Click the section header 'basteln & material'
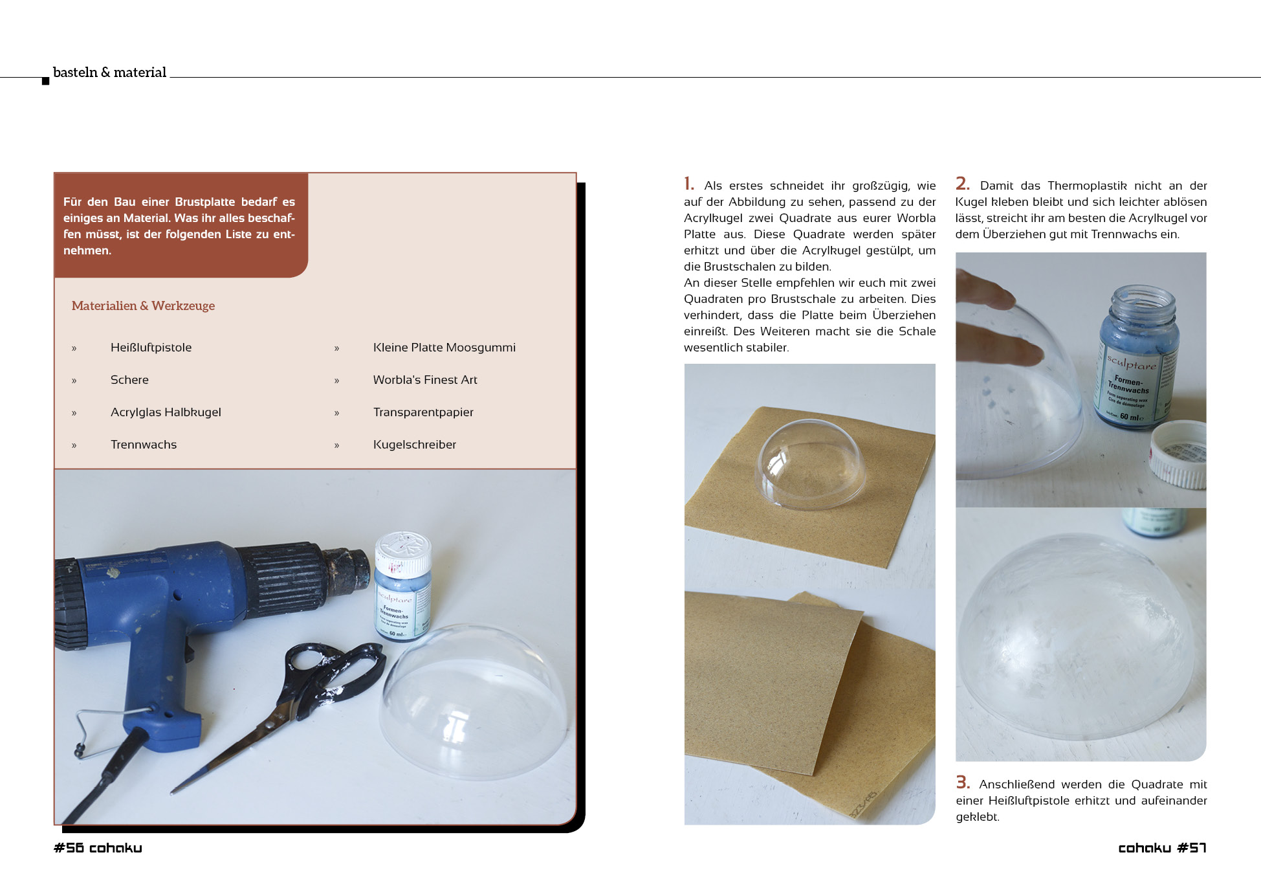(109, 72)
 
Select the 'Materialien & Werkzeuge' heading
(143, 306)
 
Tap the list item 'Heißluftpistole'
(151, 348)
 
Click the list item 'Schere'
(129, 380)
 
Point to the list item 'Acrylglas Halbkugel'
(166, 412)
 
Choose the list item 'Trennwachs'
(144, 445)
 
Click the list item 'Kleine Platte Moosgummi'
(444, 348)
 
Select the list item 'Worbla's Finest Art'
(425, 380)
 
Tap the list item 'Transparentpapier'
(423, 412)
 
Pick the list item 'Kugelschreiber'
(415, 445)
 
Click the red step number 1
(688, 184)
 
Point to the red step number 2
(963, 184)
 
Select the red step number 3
(963, 783)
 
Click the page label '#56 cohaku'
(98, 848)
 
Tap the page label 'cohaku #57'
(1162, 848)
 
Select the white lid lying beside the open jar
(1179, 453)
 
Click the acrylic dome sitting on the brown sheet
(811, 463)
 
